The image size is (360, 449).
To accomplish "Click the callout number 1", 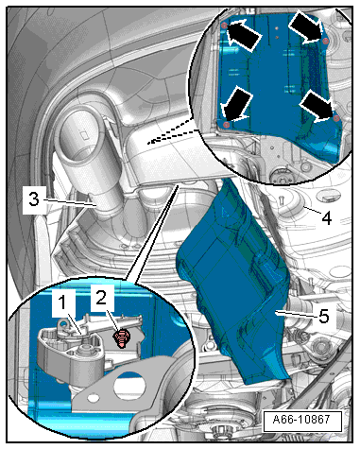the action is coord(63,303).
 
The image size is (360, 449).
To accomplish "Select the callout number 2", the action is coord(102,297).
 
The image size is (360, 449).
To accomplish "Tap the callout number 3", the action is coord(34,199).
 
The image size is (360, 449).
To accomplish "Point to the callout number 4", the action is coord(327,217).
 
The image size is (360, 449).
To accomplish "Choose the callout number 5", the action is coord(324,316).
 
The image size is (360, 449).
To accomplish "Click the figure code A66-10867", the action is coord(301,420).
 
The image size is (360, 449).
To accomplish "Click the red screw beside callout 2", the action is coord(121,338).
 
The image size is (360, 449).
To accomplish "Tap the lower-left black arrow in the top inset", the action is coord(237,104).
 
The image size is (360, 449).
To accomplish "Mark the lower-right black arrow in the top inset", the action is coord(316,106).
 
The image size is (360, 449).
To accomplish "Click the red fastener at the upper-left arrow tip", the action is coord(223,26).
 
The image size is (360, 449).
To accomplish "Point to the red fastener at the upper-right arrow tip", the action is coord(326,41).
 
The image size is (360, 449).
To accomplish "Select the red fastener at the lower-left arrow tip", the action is coord(226,125).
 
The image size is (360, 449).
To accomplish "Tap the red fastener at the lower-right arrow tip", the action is coord(336,118).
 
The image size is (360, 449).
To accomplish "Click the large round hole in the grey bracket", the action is coord(130,386).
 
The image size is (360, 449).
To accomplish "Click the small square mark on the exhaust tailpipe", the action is coord(84,135).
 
